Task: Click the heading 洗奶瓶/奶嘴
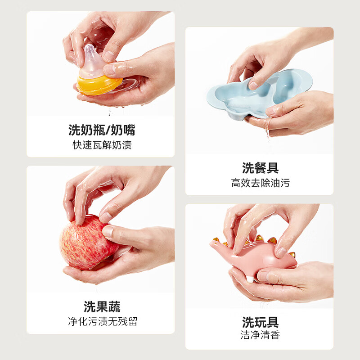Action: (x=102, y=130)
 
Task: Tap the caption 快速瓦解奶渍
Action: (x=102, y=145)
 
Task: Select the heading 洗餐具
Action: (x=260, y=168)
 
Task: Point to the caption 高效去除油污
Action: (x=260, y=183)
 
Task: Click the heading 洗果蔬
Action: (x=102, y=307)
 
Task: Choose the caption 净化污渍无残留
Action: (x=102, y=321)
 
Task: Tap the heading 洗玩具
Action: (x=260, y=322)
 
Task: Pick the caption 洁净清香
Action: (x=260, y=336)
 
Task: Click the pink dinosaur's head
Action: (x=218, y=245)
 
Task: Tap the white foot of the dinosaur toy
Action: (x=250, y=279)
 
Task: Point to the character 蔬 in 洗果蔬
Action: (x=114, y=307)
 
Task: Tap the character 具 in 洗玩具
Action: (x=273, y=322)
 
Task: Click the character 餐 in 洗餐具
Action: (x=260, y=168)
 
